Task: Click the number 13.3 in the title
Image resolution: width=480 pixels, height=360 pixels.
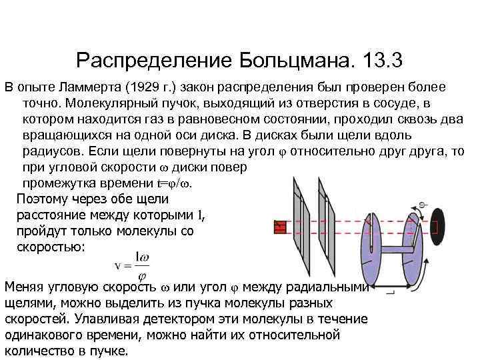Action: pyautogui.click(x=383, y=61)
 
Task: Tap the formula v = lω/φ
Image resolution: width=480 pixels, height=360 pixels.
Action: pyautogui.click(x=131, y=266)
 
